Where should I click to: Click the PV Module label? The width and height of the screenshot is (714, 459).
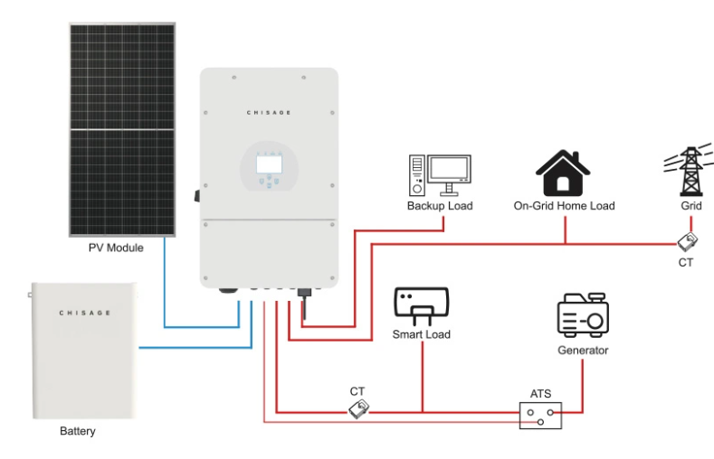tap(115, 248)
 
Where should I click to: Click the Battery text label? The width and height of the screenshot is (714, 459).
tap(77, 432)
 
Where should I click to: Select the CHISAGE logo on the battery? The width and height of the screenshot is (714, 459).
tap(84, 313)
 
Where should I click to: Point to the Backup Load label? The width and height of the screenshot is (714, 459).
tap(440, 206)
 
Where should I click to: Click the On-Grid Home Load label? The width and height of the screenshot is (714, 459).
tap(564, 206)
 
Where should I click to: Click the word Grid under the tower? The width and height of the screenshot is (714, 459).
tap(691, 206)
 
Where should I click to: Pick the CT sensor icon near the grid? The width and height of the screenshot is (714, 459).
tap(688, 242)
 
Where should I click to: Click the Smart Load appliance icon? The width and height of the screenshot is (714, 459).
tap(421, 307)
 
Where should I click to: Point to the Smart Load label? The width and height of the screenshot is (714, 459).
tap(421, 334)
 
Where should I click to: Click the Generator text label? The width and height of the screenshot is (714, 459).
tap(582, 350)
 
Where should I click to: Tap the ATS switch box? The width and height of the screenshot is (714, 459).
tap(540, 415)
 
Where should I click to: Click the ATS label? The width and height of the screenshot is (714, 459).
tap(540, 394)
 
